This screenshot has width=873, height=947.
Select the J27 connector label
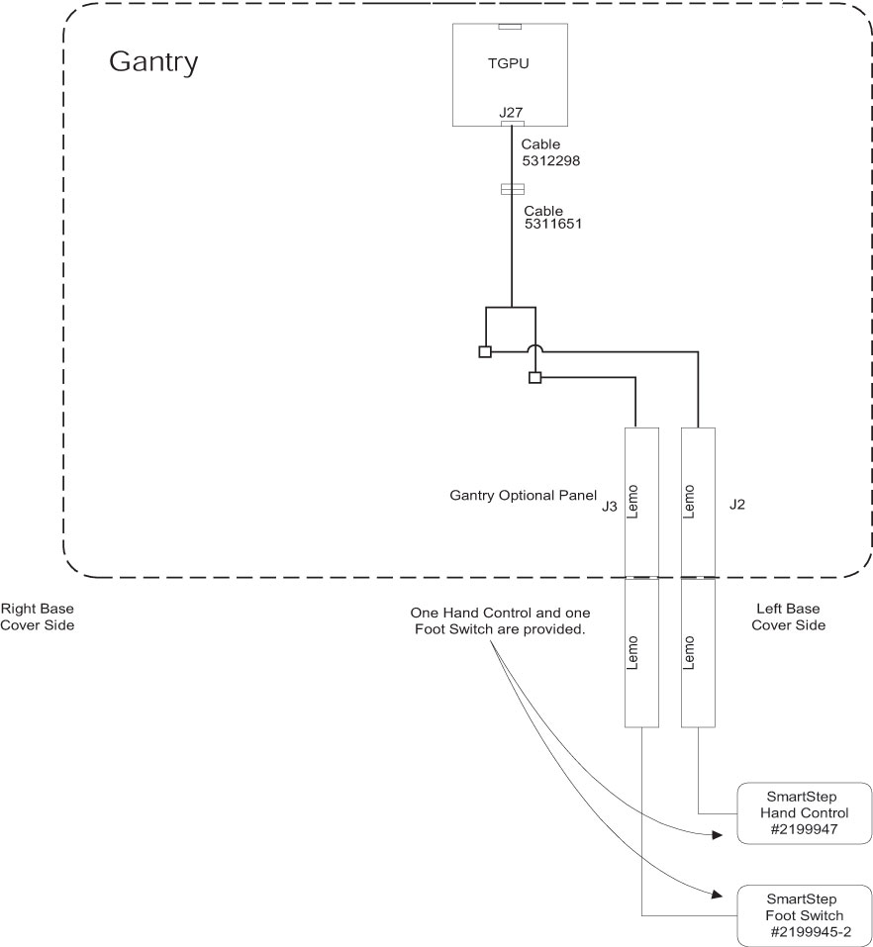pos(511,113)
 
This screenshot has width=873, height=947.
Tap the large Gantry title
pos(153,61)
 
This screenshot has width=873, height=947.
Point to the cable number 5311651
pos(552,225)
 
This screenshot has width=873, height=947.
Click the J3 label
pos(610,506)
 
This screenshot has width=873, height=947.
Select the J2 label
pos(736,504)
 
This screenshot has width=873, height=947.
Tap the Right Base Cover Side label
pos(38,616)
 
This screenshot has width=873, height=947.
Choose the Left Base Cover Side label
pos(788,616)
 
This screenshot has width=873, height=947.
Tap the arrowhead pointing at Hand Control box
pos(715,835)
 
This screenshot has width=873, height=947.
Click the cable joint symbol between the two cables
pos(512,189)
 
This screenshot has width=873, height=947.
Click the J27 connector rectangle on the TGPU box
pos(512,125)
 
